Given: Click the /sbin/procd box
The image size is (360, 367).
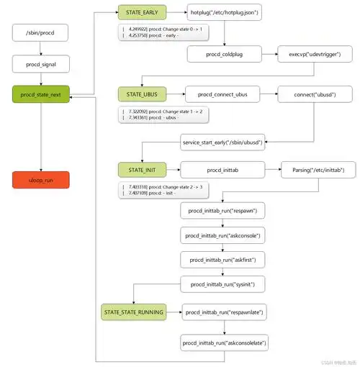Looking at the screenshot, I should [41, 34].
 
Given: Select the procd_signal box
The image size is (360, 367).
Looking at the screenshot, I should [41, 63].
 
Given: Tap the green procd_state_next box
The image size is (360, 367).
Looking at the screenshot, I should [41, 94].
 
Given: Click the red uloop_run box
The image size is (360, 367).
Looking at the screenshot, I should [41, 180].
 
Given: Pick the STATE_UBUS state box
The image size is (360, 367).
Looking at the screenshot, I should [142, 94].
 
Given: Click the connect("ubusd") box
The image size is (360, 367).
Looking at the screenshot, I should [315, 94].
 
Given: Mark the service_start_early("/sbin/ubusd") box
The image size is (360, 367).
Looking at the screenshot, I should [224, 142].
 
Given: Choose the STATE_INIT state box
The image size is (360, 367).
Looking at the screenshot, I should [142, 170].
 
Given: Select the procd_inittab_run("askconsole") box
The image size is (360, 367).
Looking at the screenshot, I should [224, 235].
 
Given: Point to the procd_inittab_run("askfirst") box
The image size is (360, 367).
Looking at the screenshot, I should [224, 260].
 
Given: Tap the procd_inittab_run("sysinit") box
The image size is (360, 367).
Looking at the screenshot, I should [224, 284].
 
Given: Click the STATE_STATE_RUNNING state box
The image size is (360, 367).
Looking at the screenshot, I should [134, 312].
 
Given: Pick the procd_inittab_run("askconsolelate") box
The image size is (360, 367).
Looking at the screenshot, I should [224, 344].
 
